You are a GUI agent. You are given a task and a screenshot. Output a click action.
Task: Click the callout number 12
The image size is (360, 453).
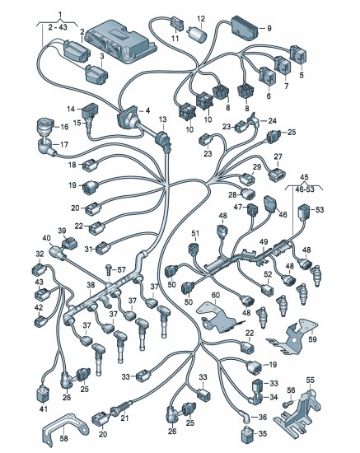click(201, 19)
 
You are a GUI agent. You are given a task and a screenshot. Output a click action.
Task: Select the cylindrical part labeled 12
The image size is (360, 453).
click(198, 34)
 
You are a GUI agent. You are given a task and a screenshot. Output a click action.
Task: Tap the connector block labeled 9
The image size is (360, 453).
click(244, 28)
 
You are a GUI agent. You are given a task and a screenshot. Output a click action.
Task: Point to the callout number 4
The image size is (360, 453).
click(148, 110)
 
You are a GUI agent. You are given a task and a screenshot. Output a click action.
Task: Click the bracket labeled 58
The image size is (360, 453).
click(65, 426)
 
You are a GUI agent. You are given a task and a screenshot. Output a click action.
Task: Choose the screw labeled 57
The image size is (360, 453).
click(109, 269)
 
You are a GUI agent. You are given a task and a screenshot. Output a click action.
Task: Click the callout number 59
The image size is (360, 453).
click(312, 339)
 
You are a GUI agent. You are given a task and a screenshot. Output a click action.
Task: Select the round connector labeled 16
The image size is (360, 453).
click(45, 126)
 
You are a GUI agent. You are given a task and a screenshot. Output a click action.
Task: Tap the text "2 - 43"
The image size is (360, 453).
click(58, 27)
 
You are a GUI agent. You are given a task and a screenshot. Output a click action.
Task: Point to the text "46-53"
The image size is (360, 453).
click(303, 189)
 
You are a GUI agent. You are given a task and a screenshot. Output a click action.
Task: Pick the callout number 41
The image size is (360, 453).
click(44, 409)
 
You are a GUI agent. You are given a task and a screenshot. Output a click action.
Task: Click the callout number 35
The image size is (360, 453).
click(263, 433)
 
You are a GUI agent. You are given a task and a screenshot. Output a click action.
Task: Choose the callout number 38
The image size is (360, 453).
click(91, 285)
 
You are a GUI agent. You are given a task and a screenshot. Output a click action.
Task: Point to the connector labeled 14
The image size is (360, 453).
click(90, 112)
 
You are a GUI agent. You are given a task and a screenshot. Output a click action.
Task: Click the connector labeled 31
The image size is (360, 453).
click(103, 248)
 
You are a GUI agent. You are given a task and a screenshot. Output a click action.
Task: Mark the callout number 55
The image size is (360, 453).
click(310, 380)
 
